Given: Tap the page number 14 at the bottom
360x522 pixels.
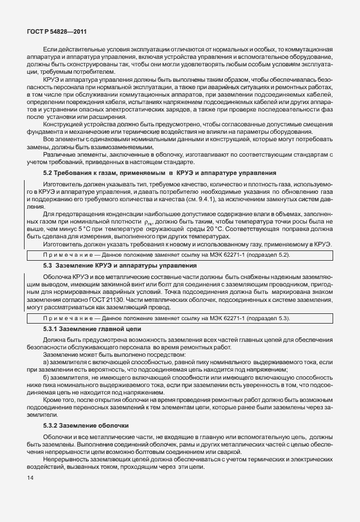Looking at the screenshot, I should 26,478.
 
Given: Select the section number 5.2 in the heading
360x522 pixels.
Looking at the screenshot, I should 49,173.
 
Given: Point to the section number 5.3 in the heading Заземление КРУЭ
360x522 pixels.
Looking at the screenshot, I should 48,266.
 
